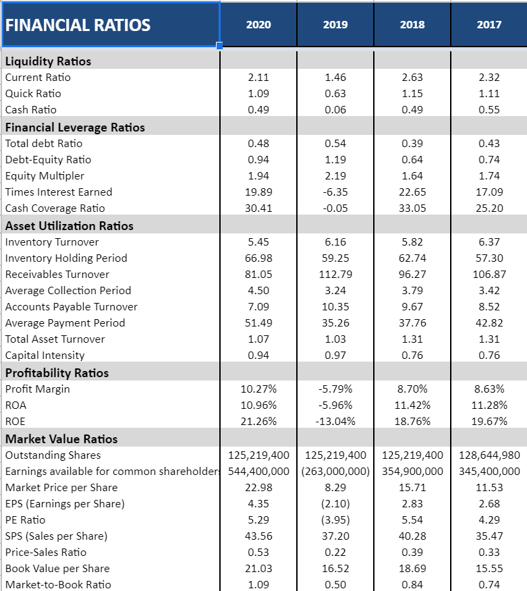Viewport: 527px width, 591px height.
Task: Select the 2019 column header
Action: coord(335,24)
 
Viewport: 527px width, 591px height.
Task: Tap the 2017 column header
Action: coord(489,24)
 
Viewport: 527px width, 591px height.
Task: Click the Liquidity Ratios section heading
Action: coord(48,61)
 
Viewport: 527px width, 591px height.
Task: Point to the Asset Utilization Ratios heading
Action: coord(70,225)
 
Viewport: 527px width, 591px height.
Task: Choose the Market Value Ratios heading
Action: coord(61,439)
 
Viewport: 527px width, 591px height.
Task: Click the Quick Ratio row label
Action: coord(33,93)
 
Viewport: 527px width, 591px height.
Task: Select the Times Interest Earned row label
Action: coord(59,192)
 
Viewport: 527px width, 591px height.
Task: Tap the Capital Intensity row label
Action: coord(45,355)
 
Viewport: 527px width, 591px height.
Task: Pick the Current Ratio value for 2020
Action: coord(258,77)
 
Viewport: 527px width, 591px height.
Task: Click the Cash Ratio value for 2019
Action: coord(335,109)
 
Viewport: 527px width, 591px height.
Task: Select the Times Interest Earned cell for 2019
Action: coord(335,192)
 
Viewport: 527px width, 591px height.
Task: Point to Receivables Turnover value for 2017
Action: coord(489,274)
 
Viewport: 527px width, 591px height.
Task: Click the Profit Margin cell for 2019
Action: coord(335,389)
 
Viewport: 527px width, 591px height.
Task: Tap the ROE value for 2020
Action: coord(258,421)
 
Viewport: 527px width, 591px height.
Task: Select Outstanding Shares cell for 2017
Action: coord(489,455)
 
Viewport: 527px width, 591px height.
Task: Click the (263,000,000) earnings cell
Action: coord(335,471)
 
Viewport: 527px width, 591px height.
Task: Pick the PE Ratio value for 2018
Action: coord(412,519)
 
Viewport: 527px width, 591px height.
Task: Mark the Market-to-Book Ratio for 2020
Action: coord(258,584)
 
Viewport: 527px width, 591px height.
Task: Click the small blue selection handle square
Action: coord(219,46)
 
